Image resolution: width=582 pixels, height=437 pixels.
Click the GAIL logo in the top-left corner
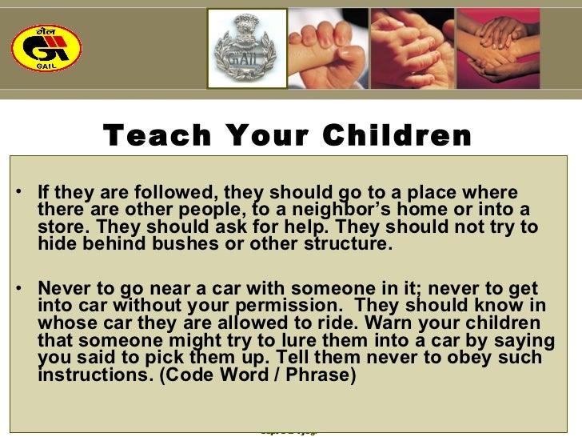46,46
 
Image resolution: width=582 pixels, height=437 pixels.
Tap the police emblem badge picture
247,48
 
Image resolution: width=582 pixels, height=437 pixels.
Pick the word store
62,227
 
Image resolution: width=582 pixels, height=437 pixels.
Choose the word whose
67,323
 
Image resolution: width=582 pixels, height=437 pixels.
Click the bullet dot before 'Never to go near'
18,289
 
